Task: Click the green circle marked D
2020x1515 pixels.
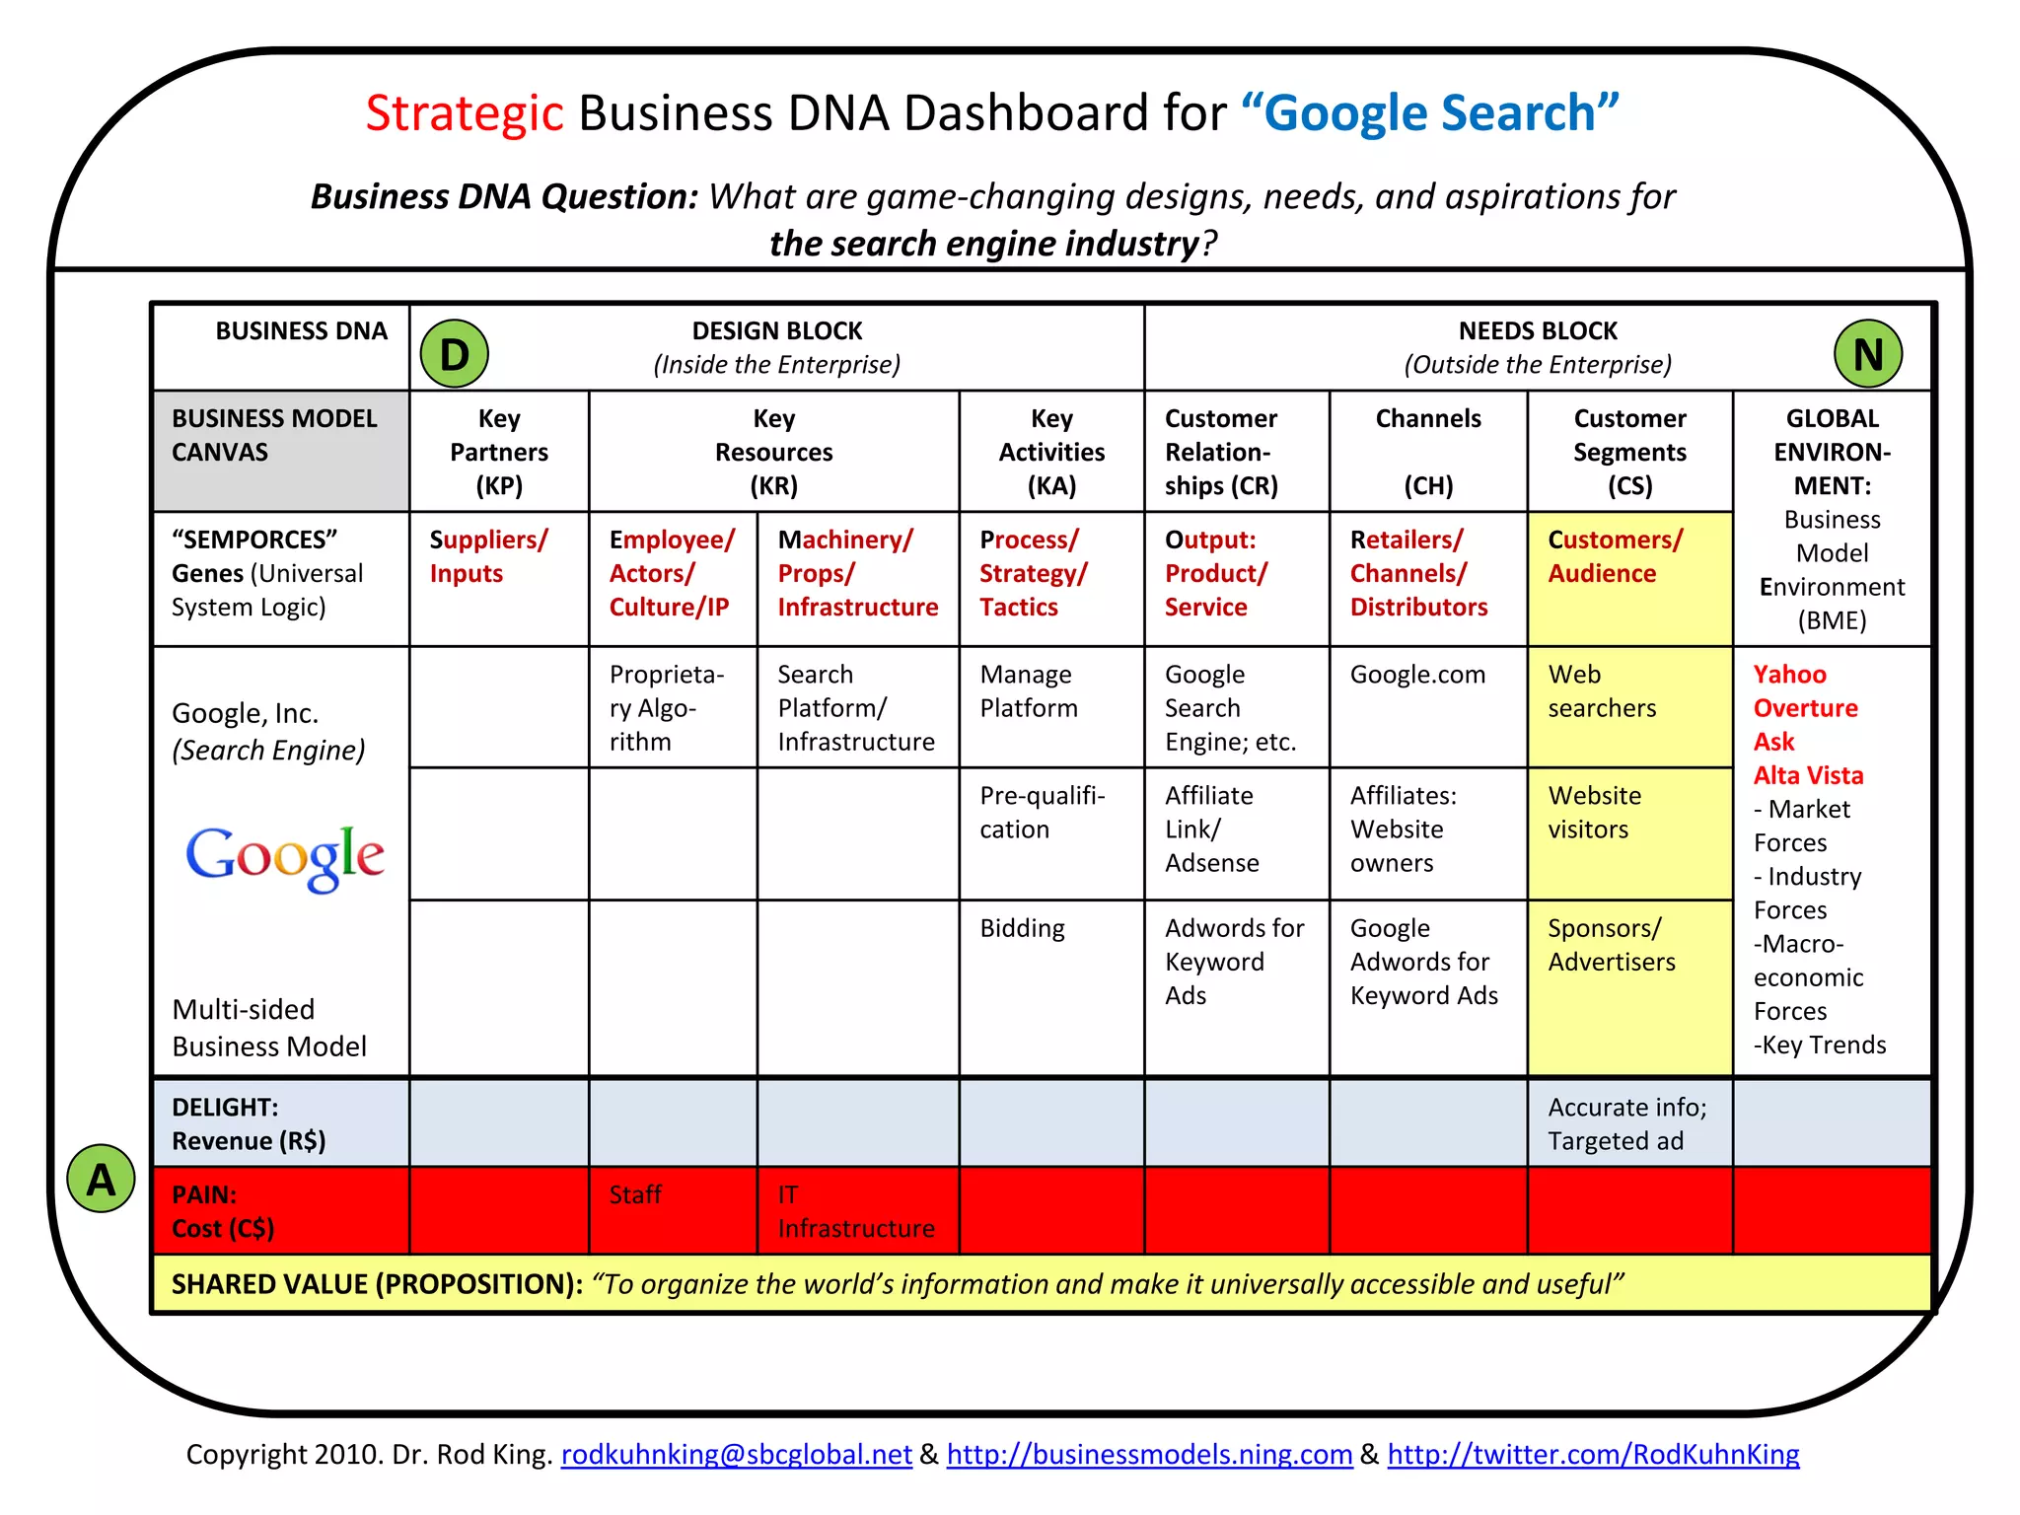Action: pyautogui.click(x=454, y=354)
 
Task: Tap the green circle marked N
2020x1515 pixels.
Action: pyautogui.click(x=1867, y=354)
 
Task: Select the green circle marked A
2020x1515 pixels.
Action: pyautogui.click(x=101, y=1179)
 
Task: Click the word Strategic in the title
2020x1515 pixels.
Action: pyautogui.click(x=464, y=112)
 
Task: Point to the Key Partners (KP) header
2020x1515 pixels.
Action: pyautogui.click(x=499, y=452)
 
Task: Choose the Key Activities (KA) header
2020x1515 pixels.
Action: pyautogui.click(x=1051, y=452)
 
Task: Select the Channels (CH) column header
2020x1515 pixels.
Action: pyautogui.click(x=1428, y=452)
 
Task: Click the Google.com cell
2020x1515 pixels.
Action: pyautogui.click(x=1417, y=675)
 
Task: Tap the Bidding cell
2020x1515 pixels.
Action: pyautogui.click(x=1022, y=928)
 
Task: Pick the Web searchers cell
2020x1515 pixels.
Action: pyautogui.click(x=1602, y=691)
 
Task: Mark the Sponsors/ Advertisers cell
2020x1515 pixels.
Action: pyautogui.click(x=1612, y=945)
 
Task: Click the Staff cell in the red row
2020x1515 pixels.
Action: pyautogui.click(x=635, y=1195)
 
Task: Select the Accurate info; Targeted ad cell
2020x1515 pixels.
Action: pyautogui.click(x=1627, y=1123)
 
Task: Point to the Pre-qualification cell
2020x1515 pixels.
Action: pyautogui.click(x=1042, y=813)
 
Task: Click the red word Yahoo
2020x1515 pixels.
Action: pyautogui.click(x=1789, y=675)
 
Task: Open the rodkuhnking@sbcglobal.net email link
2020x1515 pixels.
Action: pyautogui.click(x=736, y=1454)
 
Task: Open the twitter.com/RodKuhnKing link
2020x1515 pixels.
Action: pyautogui.click(x=1593, y=1454)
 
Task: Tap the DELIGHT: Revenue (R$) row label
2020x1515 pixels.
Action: pyautogui.click(x=249, y=1123)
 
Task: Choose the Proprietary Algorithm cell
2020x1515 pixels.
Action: pyautogui.click(x=666, y=708)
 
